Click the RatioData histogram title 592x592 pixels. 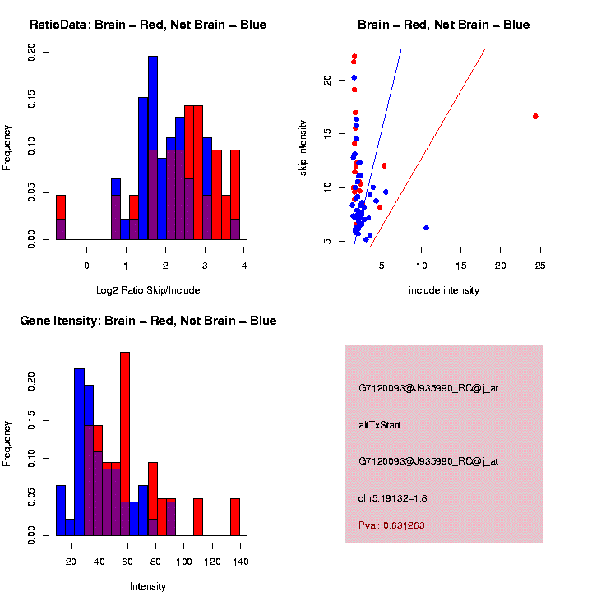pyautogui.click(x=148, y=25)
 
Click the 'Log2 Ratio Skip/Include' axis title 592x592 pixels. pyautogui.click(x=149, y=290)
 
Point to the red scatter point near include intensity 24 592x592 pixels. pyautogui.click(x=535, y=116)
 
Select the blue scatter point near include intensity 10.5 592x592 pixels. pyautogui.click(x=426, y=228)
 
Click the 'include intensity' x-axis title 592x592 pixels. pyautogui.click(x=444, y=290)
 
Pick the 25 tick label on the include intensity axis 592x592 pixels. pyautogui.click(x=540, y=265)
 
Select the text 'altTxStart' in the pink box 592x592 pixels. pyautogui.click(x=380, y=425)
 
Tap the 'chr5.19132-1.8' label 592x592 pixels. pyautogui.click(x=392, y=498)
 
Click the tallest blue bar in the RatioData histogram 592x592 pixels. pyautogui.click(x=152, y=148)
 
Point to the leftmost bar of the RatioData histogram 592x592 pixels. pyautogui.click(x=60, y=218)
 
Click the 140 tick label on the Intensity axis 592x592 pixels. pyautogui.click(x=239, y=561)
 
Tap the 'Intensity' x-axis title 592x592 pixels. pyautogui.click(x=148, y=586)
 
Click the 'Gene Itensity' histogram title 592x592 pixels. pyautogui.click(x=148, y=321)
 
